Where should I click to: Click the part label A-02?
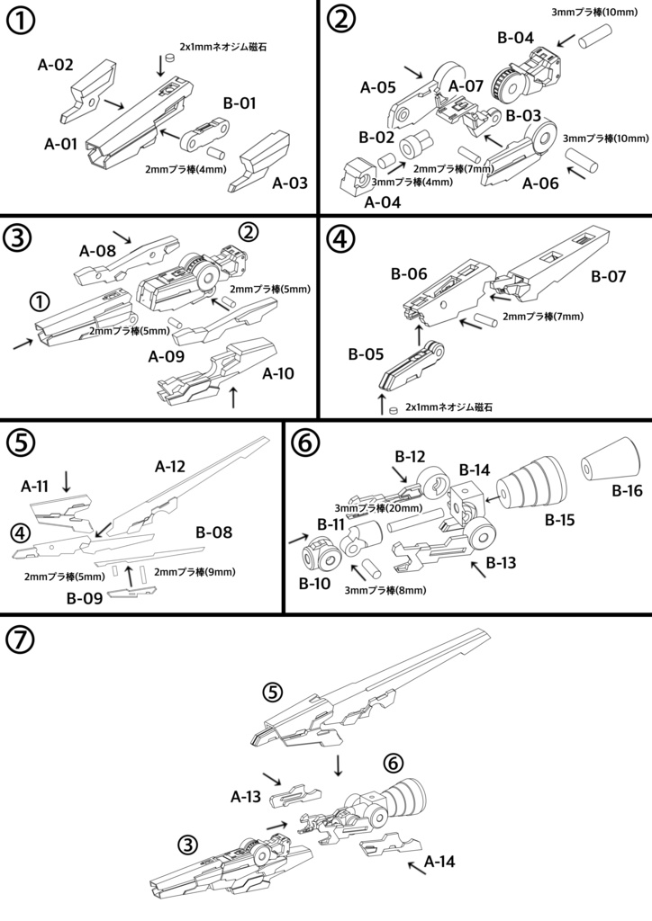tap(55, 65)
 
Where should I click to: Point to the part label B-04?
tap(515, 39)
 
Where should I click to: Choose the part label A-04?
tap(384, 201)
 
